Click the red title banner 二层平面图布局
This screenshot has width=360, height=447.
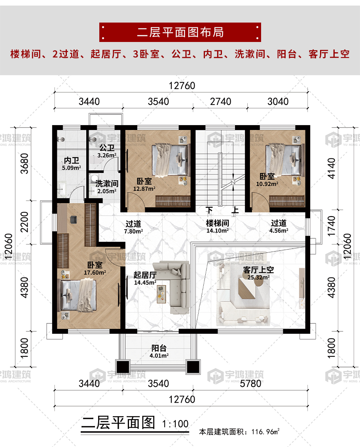[x=180, y=32]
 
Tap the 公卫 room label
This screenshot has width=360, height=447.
[x=107, y=148]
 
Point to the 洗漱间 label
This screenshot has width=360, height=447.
[x=107, y=184]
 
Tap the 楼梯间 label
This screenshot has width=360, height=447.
[x=217, y=223]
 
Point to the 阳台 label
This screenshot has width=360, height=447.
[x=159, y=348]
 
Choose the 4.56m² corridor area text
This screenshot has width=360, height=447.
[x=279, y=230]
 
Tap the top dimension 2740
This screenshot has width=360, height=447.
[x=220, y=101]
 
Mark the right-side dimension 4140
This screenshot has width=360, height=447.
[x=332, y=168]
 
